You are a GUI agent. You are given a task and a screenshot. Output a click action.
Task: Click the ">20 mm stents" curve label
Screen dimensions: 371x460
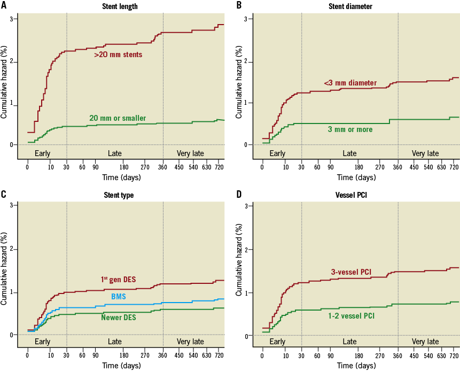[118, 55]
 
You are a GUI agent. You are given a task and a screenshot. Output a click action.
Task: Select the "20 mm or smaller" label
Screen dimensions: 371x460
[118, 118]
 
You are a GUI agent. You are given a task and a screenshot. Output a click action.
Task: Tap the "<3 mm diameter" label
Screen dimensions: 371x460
[350, 83]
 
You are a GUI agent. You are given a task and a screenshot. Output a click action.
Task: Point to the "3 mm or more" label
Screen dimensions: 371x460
[350, 129]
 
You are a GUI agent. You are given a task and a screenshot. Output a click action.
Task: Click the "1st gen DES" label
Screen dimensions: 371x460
[118, 280]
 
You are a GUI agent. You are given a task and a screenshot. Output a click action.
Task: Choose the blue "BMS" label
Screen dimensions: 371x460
[119, 296]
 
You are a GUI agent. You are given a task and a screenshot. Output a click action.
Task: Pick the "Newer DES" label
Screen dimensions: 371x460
[119, 318]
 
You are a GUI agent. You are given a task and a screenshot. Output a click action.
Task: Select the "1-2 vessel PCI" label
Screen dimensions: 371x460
[351, 316]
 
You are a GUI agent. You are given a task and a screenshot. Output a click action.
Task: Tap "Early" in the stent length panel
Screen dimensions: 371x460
[42, 153]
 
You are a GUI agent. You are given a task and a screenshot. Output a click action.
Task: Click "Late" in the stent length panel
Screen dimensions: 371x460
[115, 153]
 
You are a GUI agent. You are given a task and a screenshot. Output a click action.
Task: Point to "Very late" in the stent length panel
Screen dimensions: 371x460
[190, 153]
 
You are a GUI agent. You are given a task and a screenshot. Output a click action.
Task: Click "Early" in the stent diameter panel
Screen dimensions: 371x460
[277, 153]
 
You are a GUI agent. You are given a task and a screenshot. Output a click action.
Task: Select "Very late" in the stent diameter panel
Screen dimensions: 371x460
[425, 153]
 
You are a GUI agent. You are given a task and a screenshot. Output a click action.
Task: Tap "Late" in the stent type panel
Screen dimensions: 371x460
[115, 342]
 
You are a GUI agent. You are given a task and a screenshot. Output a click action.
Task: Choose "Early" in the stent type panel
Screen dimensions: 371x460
[42, 342]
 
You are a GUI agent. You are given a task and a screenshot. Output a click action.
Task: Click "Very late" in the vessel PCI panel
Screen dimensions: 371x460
[425, 342]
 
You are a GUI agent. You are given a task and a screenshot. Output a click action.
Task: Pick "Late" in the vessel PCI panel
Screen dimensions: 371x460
[349, 342]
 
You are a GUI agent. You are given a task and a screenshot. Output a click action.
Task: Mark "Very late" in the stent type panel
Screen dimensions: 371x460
[190, 342]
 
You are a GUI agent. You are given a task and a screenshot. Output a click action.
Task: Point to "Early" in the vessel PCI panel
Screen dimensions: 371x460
[277, 342]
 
